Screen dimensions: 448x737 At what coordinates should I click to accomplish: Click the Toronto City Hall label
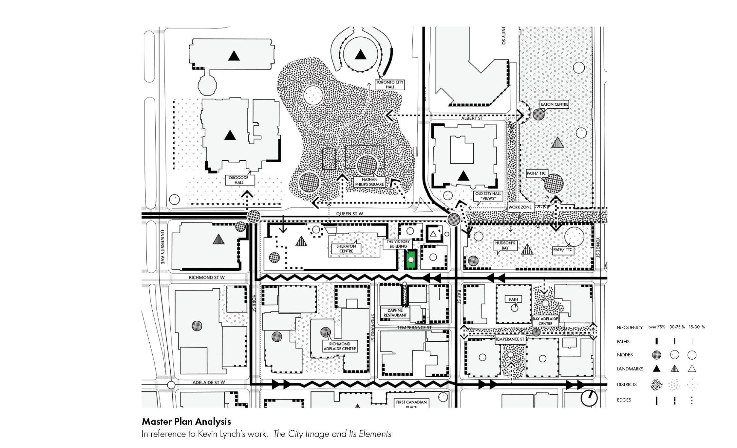tap(390, 85)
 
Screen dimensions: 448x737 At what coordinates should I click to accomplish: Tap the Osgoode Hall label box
tap(239, 180)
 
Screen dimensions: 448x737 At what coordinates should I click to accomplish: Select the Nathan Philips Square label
tap(369, 182)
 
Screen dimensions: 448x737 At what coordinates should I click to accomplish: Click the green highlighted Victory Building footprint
tap(411, 260)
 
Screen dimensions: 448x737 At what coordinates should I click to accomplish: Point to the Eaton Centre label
tap(554, 104)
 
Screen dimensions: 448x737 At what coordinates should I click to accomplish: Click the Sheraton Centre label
tap(346, 249)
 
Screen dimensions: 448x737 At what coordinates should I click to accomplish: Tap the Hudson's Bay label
tap(505, 246)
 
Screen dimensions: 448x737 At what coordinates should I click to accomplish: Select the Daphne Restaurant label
tap(395, 313)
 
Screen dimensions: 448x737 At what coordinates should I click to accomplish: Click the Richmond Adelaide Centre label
tap(340, 346)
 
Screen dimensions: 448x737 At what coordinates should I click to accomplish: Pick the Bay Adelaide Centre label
tap(545, 321)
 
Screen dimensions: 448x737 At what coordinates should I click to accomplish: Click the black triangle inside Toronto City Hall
tap(360, 54)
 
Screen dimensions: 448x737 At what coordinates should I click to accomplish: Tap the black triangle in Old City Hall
tap(463, 176)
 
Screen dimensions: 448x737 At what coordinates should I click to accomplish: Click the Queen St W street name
tap(349, 214)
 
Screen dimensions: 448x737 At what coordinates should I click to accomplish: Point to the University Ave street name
tap(162, 247)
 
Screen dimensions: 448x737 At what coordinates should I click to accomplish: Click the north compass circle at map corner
tap(589, 398)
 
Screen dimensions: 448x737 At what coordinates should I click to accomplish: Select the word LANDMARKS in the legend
tap(630, 369)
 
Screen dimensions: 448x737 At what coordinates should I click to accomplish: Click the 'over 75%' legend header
tap(656, 327)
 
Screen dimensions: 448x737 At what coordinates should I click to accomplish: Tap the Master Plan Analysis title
tap(186, 421)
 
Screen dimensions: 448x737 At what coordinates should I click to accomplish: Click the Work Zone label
tap(520, 207)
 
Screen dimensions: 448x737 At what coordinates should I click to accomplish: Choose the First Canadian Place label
tap(411, 403)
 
